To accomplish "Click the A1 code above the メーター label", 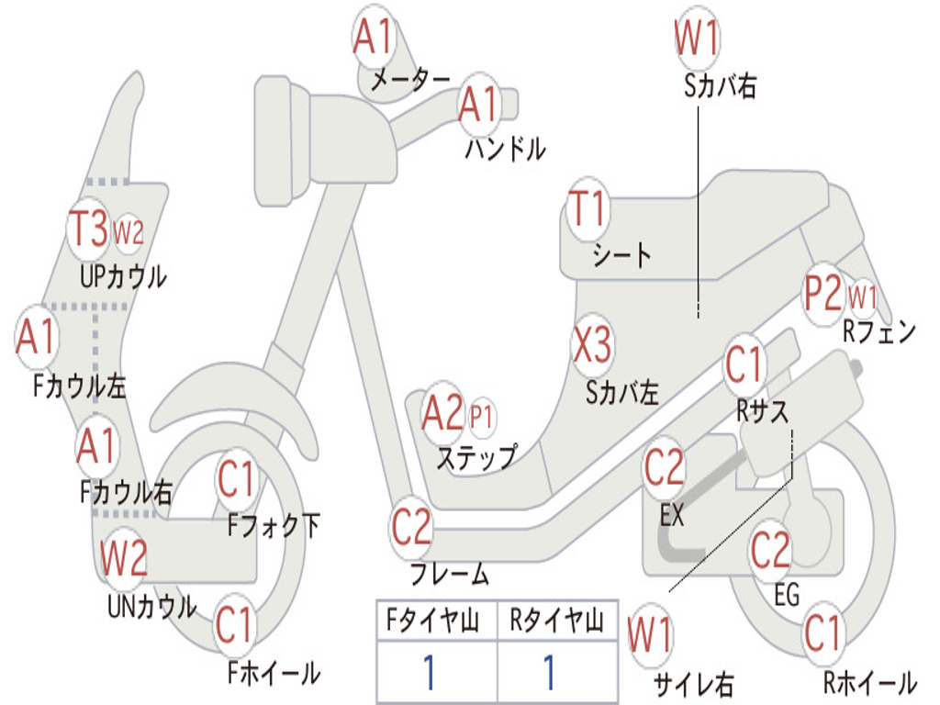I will (x=374, y=38).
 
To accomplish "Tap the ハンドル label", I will (x=505, y=148).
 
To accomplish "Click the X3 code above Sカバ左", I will (x=592, y=347).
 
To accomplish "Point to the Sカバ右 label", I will (x=720, y=85).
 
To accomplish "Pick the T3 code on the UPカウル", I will (x=89, y=229).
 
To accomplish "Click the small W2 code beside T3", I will (x=129, y=233).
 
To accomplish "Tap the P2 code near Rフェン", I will (x=822, y=295).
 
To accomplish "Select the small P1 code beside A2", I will (x=481, y=417).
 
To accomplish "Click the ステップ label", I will (x=476, y=456).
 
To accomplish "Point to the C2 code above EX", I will (x=664, y=468).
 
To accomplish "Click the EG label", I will (x=787, y=595).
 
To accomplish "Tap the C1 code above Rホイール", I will (x=822, y=632).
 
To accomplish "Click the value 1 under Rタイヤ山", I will (x=549, y=673).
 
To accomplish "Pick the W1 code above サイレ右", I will (x=650, y=636).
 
